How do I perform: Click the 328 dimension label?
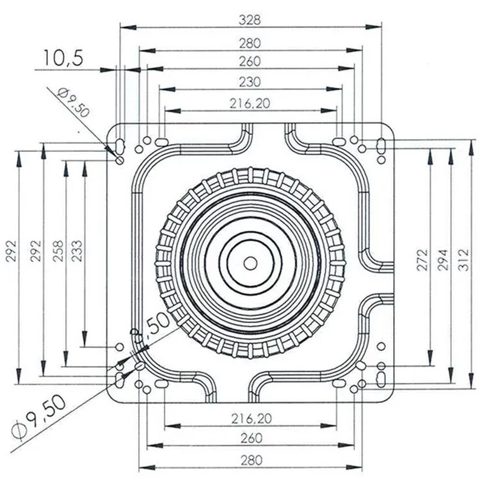tap(250, 19)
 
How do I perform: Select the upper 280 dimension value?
tap(250, 42)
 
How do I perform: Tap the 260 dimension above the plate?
tap(250, 61)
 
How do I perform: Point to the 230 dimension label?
tap(250, 82)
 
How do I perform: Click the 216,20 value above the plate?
tap(250, 103)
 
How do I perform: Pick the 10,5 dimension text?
tap(62, 58)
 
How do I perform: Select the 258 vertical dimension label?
tap(58, 249)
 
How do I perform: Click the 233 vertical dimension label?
tap(77, 249)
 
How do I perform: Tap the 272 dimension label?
tap(422, 259)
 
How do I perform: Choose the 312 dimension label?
tap(463, 259)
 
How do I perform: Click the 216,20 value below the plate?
tap(250, 417)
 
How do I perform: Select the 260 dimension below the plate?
tap(250, 438)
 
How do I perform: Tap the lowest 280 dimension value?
tap(250, 460)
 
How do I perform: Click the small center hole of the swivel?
tap(250, 263)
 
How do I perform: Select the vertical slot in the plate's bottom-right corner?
tap(381, 379)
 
